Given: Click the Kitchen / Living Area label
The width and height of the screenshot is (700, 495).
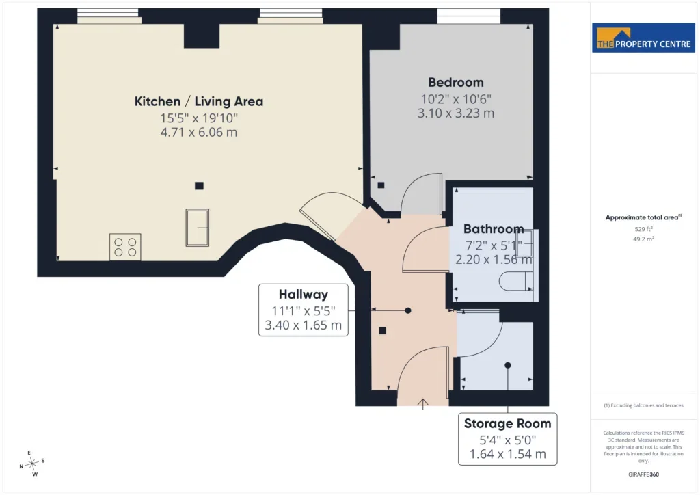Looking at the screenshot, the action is pos(199,101).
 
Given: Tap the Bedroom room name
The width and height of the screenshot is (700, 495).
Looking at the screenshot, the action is pos(456,82).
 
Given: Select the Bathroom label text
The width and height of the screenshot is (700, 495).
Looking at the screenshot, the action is pos(494,229).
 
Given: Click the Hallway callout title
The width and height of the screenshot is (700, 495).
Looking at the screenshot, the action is pos(303,295).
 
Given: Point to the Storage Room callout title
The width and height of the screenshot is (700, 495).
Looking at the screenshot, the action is pos(508,424).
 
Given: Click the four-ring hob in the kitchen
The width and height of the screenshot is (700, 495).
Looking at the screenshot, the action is pos(125,247).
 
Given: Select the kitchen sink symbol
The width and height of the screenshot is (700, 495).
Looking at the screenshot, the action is pos(198,228).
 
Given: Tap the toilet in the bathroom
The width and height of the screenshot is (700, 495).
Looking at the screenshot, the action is pos(516,282).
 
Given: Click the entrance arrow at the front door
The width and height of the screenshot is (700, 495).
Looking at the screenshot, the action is pos(422,403).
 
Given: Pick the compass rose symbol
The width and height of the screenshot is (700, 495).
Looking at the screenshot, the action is pos(32,464).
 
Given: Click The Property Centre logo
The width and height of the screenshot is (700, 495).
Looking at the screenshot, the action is pos(643,38).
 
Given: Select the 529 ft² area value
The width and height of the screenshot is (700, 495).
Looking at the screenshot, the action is pos(643,229).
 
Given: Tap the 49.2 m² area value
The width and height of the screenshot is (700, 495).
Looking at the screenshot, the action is pos(643,239).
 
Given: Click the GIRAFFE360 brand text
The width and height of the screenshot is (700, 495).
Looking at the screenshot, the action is pos(643,474).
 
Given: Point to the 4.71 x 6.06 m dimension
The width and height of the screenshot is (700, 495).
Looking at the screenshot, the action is pos(199,132).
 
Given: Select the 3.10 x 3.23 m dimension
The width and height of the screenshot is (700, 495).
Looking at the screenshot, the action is pos(456,113).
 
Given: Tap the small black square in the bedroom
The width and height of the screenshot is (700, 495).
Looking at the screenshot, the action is pos(381,185).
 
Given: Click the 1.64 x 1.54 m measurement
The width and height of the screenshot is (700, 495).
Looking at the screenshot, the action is pos(508,455).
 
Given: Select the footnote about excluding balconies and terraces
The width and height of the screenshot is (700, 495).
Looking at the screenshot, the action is pos(643,405).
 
